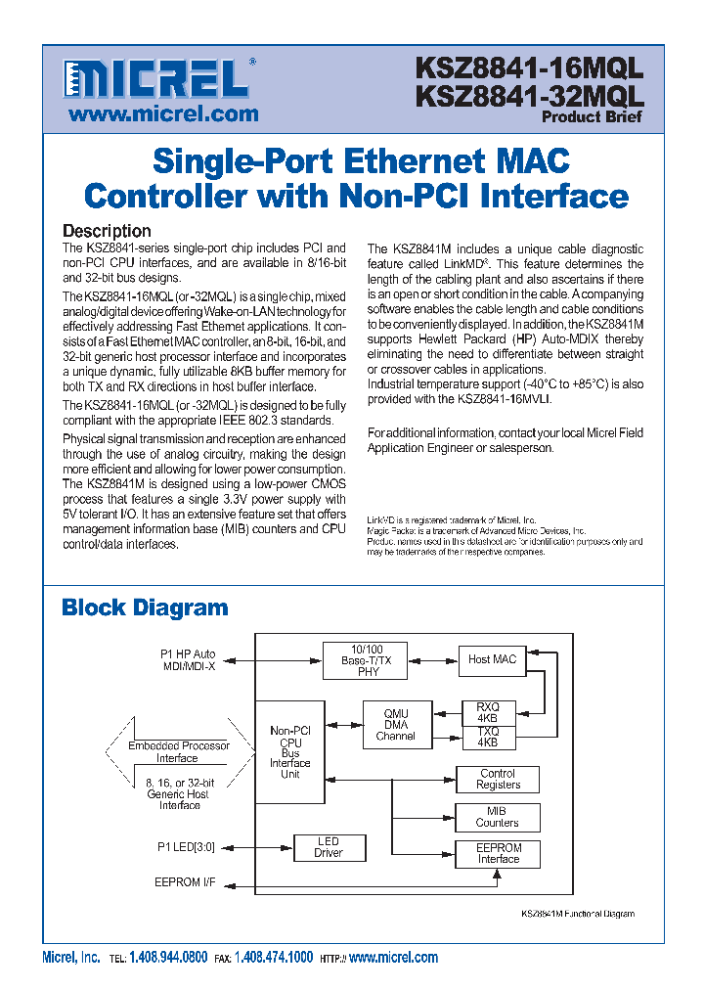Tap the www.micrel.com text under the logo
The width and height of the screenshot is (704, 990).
point(163,113)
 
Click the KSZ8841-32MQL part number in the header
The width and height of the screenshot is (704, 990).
point(529,96)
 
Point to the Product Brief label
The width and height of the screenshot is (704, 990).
point(592,117)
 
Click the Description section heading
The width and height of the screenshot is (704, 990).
point(107,231)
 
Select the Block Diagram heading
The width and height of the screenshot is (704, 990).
point(145,607)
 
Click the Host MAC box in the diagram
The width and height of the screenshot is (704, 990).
point(492,659)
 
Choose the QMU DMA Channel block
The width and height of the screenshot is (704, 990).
point(395,724)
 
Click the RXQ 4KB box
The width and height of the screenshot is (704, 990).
point(487,711)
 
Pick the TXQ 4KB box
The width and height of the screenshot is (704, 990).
point(487,737)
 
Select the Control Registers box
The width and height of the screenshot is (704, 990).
point(498,779)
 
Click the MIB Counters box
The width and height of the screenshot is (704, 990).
point(498,817)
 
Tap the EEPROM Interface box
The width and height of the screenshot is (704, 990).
point(498,853)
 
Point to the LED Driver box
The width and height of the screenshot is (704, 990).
point(329,847)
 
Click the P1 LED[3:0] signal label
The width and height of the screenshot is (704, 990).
point(186,846)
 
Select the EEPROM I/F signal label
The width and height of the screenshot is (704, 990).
point(185,882)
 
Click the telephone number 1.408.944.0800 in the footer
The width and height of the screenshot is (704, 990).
point(168,958)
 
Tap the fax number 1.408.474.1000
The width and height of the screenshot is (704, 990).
point(274,958)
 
